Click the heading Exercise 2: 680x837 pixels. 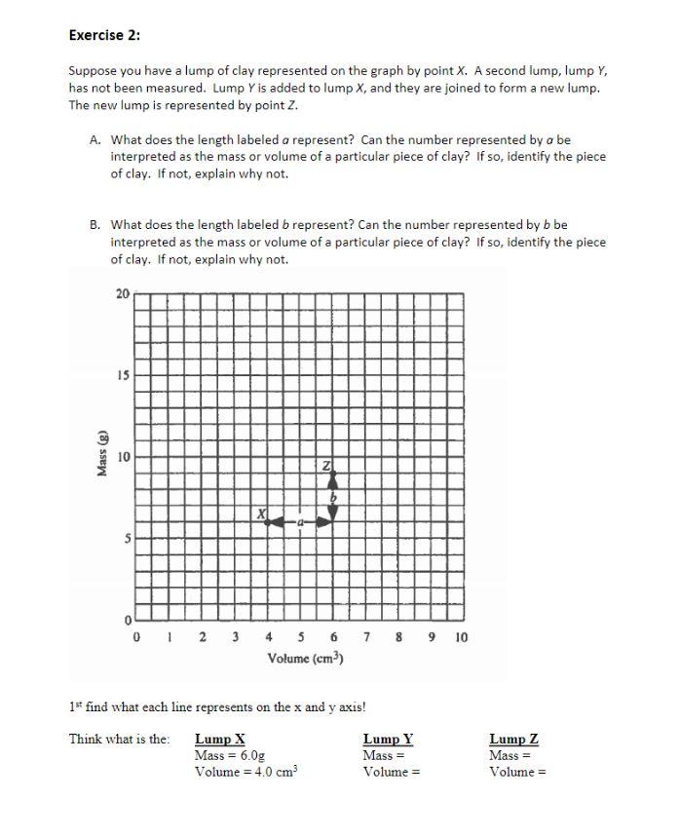(104, 35)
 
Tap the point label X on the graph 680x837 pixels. (262, 513)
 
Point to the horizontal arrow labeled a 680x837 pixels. (300, 523)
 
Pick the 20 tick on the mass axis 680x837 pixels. (122, 294)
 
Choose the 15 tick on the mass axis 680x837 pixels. (122, 375)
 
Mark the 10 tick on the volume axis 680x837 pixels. (461, 637)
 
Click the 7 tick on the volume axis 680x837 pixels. (366, 637)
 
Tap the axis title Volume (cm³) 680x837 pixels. (305, 659)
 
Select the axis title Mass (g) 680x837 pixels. (101, 455)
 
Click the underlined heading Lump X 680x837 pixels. (220, 739)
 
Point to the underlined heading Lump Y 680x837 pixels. (388, 739)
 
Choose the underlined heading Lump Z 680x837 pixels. (513, 739)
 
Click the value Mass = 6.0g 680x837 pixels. (230, 755)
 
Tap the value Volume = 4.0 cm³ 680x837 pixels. (246, 772)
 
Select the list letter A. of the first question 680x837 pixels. (95, 139)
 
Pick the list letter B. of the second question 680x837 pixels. (95, 225)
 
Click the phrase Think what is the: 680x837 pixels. (119, 739)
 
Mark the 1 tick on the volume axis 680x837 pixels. (170, 637)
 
